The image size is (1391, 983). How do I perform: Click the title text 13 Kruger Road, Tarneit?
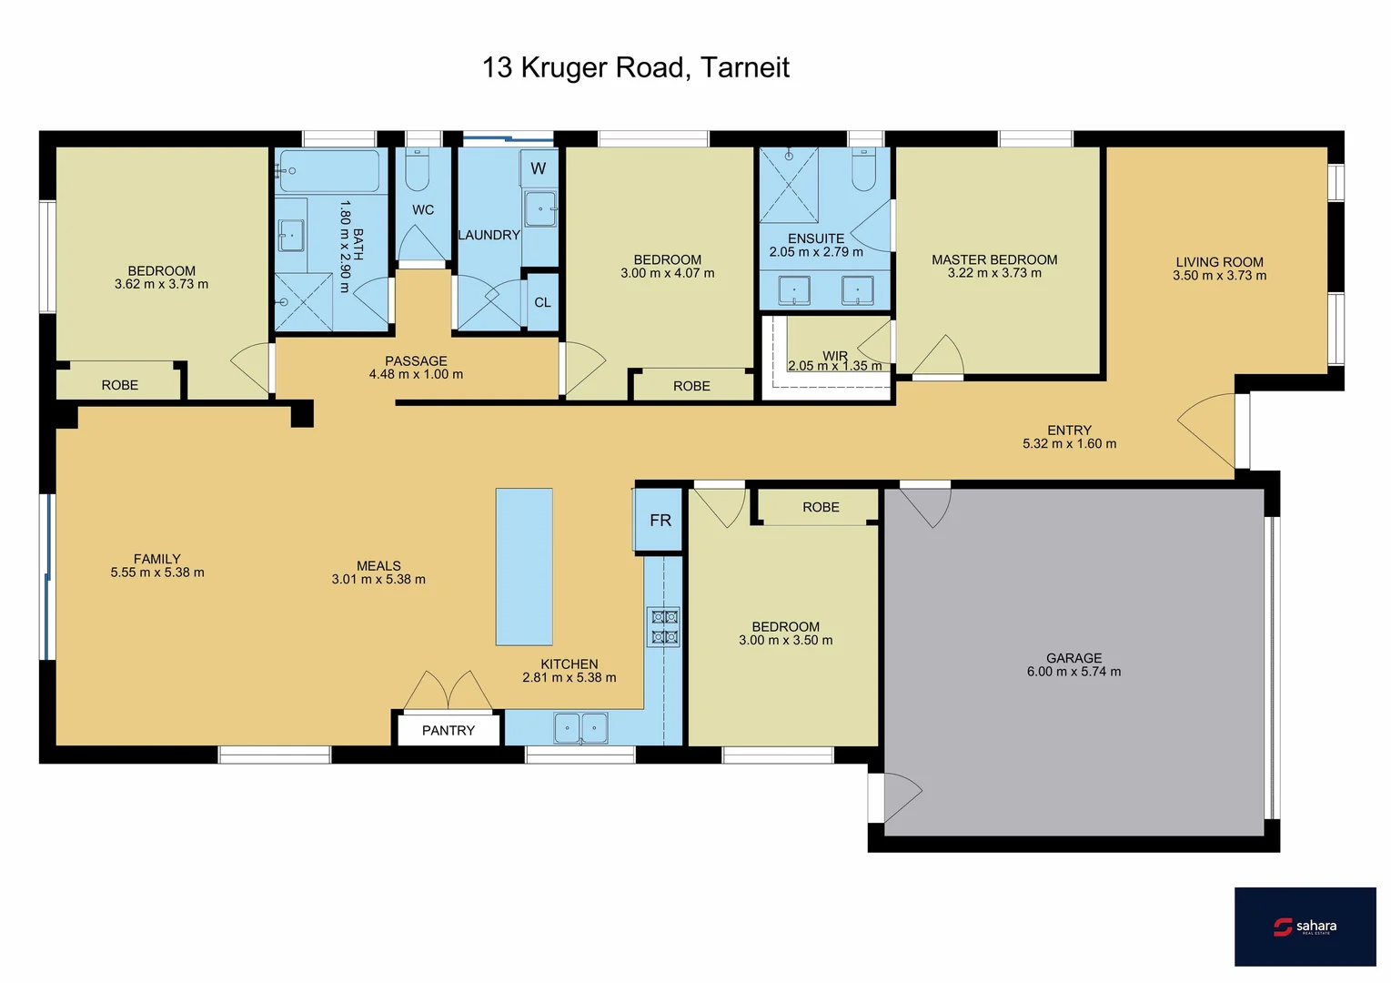(635, 67)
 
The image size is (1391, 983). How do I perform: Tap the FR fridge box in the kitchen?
(659, 520)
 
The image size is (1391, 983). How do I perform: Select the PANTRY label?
(448, 730)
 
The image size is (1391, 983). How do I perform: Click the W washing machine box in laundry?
(539, 168)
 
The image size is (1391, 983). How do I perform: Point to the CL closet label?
(542, 302)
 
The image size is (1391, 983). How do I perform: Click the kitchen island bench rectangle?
(524, 566)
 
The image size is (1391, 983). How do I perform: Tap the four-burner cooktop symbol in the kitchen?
(664, 627)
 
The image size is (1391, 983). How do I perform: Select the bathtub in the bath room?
(329, 170)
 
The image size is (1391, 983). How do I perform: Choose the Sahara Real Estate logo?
(1305, 927)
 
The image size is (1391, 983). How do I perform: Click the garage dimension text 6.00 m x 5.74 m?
(1073, 672)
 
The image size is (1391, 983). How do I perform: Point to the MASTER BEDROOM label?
(993, 259)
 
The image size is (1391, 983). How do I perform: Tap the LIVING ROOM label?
(1219, 261)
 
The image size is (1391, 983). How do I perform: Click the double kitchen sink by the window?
(580, 727)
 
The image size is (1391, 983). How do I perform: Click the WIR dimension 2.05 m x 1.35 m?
(834, 366)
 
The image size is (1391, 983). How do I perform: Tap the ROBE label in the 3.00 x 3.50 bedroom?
(821, 507)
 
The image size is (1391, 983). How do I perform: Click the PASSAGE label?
(416, 360)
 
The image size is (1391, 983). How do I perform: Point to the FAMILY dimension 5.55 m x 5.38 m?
(157, 573)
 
